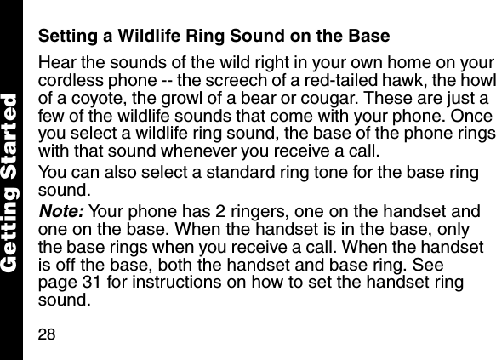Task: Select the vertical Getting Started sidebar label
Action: pyautogui.click(x=11, y=178)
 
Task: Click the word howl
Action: pyautogui.click(x=476, y=83)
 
